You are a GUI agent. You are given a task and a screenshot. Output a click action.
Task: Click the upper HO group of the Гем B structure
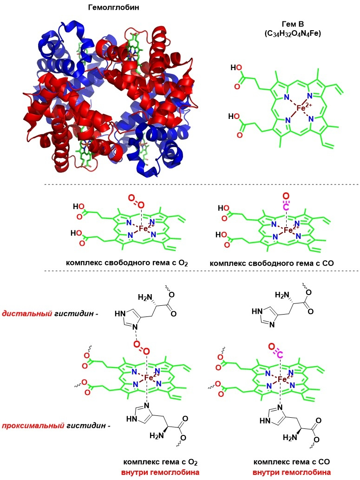pyautogui.click(x=236, y=69)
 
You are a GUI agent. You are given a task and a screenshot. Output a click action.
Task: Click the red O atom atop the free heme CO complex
pyautogui.click(x=286, y=196)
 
